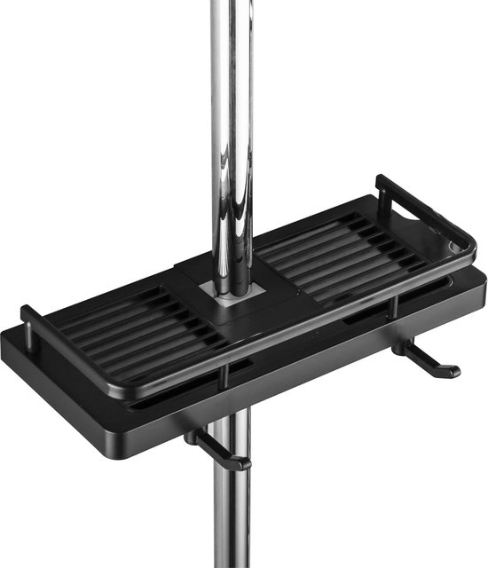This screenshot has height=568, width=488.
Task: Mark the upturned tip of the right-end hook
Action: (x=455, y=368)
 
